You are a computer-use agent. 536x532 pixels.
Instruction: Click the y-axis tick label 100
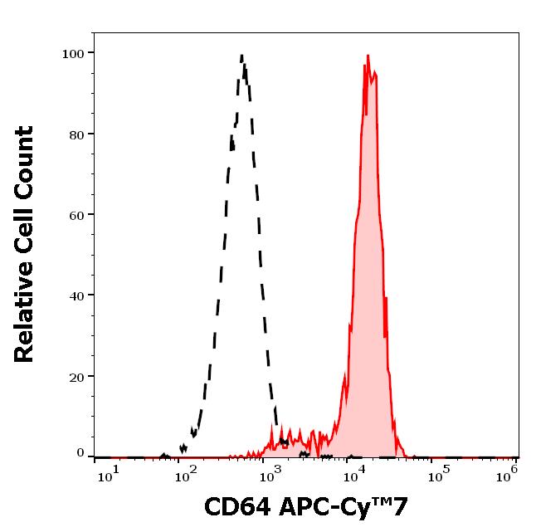73,53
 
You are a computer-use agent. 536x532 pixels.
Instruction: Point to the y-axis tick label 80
76,134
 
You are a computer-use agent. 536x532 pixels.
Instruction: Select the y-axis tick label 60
76,214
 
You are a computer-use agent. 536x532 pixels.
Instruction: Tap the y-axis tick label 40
76,295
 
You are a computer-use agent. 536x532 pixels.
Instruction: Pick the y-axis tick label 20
76,376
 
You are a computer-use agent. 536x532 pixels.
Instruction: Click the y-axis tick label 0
80,453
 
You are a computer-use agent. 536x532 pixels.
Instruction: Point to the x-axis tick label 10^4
355,472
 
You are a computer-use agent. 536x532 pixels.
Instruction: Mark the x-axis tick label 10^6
509,472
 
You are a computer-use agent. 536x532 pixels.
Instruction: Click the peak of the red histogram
367,56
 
